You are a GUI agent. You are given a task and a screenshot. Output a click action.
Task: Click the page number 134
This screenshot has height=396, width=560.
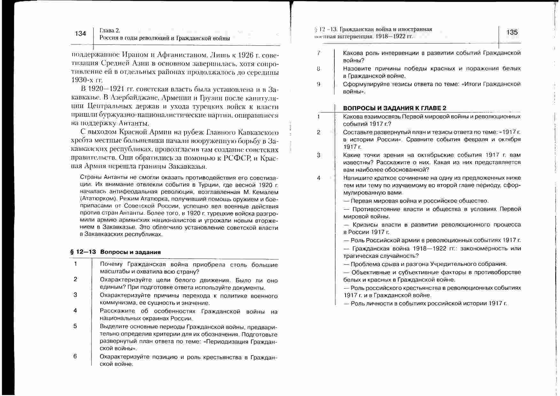[80, 34]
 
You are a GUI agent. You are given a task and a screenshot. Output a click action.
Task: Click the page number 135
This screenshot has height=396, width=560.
[512, 32]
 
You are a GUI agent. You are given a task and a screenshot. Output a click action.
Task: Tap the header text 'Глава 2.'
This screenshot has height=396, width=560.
[110, 31]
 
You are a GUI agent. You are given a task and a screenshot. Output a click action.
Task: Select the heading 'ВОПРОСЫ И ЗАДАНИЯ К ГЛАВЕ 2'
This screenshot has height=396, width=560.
[394, 108]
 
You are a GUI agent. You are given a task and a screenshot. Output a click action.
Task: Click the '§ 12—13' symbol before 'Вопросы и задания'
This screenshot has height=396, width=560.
[83, 252]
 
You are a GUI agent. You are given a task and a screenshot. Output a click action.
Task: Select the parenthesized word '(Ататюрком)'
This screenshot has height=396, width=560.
[97, 199]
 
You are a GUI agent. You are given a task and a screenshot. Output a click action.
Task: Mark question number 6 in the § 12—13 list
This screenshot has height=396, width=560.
[75, 356]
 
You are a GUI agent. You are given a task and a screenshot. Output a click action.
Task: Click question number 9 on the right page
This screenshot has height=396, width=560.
[318, 84]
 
